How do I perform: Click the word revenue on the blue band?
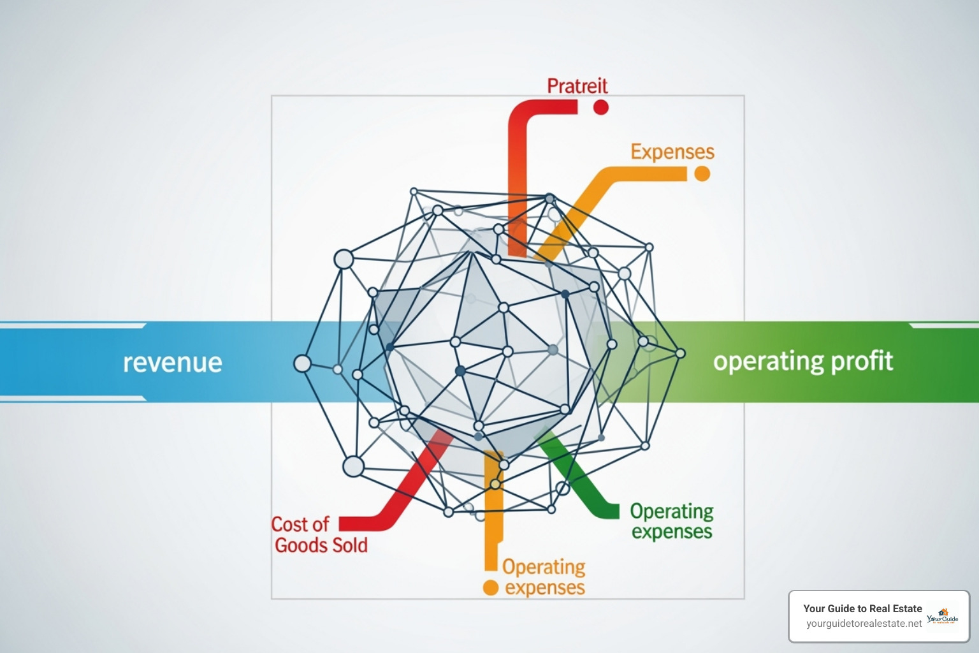pos(172,362)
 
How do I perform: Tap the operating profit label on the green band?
pos(802,362)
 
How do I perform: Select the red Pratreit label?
pos(577,85)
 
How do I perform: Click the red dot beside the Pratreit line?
pos(600,106)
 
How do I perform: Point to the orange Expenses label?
pos(672,152)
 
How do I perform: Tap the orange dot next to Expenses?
pos(702,173)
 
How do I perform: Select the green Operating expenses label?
pos(671,521)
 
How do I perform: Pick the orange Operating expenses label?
pos(544,576)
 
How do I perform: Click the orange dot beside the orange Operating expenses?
pos(490,587)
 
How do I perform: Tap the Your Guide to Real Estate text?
pos(862,608)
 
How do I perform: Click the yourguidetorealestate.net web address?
pos(864,624)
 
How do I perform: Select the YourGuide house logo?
pos(943,616)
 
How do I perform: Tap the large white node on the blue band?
pos(302,363)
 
